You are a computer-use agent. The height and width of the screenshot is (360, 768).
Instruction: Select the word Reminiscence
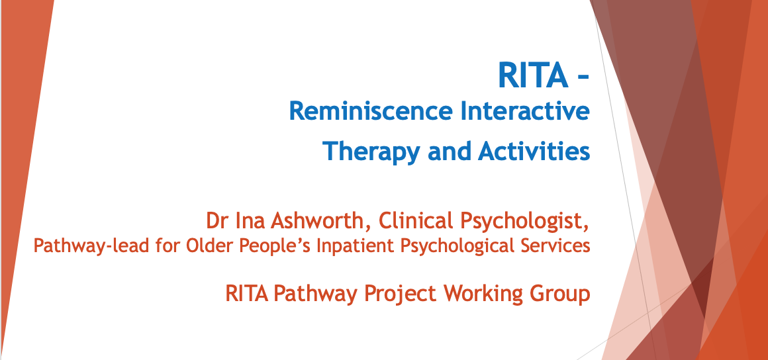click(x=370, y=111)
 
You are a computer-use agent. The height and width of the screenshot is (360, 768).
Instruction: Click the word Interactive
click(x=524, y=111)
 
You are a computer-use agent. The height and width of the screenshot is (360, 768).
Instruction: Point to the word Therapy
click(x=371, y=151)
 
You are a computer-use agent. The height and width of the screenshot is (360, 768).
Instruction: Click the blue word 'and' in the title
click(x=449, y=151)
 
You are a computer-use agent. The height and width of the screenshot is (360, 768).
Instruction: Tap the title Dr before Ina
click(x=216, y=221)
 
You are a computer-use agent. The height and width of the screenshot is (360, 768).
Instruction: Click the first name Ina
click(x=246, y=221)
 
